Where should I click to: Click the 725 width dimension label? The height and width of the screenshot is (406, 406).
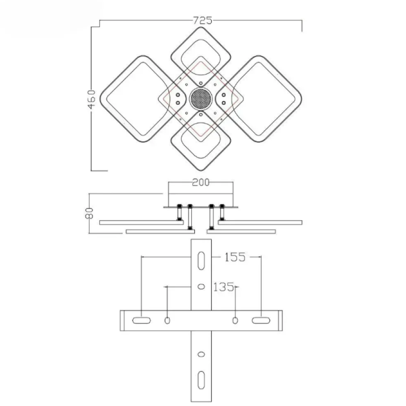[x=203, y=20]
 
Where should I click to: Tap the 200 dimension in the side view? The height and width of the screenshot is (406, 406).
[x=201, y=182]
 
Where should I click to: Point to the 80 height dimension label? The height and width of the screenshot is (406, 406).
[x=89, y=213]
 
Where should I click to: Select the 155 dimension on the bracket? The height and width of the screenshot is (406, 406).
[x=235, y=257]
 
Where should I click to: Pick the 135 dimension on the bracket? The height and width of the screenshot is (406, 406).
[x=223, y=287]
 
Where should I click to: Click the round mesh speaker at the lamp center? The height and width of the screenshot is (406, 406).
[x=201, y=99]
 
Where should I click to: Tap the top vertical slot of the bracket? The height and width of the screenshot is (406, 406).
[x=201, y=261]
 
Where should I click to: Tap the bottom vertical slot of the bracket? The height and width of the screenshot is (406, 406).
[x=201, y=380]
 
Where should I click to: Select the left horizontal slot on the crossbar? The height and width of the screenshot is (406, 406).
[x=141, y=321]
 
